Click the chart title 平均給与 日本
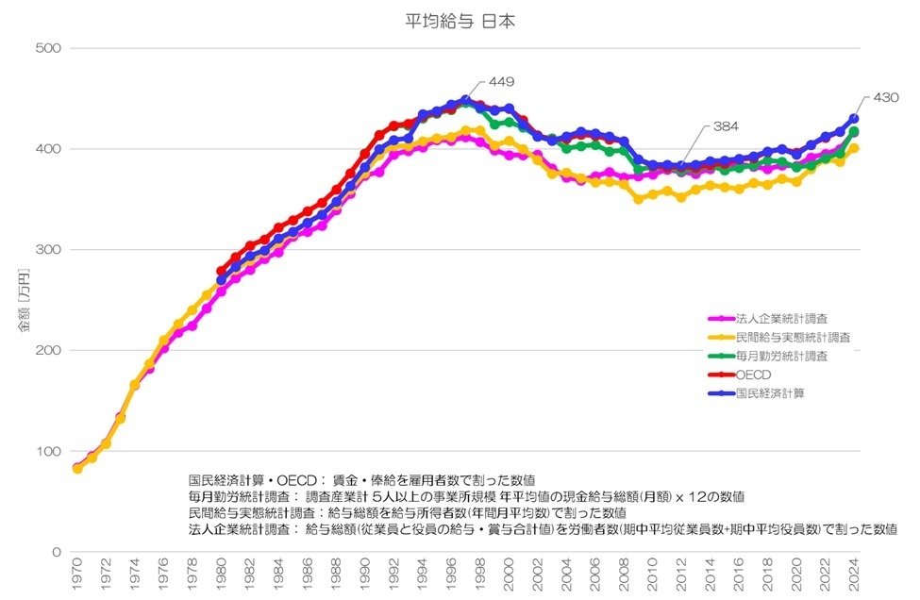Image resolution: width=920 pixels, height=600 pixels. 459,20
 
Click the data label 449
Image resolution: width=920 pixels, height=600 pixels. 501,81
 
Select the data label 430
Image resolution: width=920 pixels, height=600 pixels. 886,97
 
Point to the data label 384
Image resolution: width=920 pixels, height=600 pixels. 724,125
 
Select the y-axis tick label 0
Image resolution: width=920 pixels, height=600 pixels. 56,552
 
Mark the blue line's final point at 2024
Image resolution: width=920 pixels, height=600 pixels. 854,119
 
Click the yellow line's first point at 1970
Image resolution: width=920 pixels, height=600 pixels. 77,468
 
